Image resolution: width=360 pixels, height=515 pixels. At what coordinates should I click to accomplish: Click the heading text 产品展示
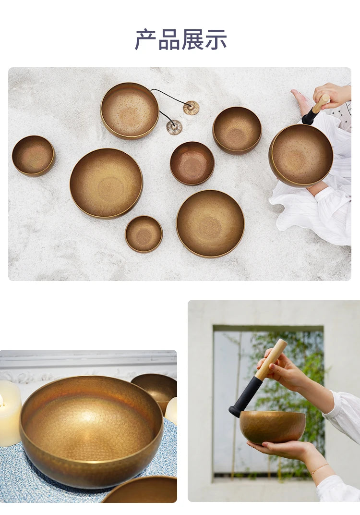click(180, 40)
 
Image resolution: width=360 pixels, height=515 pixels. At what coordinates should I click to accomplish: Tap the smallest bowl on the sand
click(144, 234)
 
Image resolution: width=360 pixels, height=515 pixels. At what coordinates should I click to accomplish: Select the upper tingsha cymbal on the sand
click(191, 108)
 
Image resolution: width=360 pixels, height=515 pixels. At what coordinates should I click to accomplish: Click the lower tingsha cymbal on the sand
click(174, 127)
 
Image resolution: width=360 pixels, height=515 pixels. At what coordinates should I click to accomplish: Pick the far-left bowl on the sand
click(33, 155)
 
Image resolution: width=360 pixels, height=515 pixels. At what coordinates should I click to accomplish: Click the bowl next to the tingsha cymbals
click(130, 111)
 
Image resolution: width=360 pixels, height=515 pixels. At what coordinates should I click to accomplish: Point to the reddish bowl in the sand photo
click(192, 163)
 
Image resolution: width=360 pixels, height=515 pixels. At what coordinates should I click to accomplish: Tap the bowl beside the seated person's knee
click(300, 155)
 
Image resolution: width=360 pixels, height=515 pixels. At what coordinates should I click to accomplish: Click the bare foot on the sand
click(302, 101)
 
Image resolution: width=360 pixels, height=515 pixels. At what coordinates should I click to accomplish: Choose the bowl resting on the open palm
click(273, 427)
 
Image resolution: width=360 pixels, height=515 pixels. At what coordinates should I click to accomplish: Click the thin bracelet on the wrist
click(319, 469)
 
